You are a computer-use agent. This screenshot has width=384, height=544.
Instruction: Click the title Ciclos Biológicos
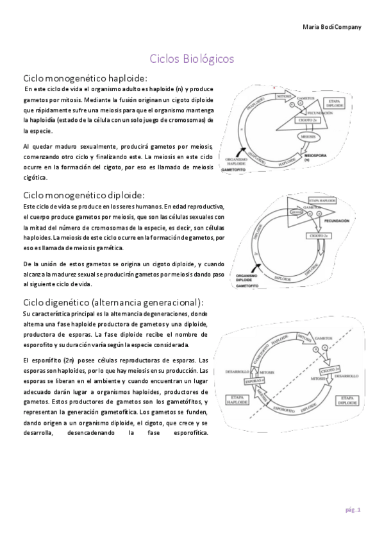pyautogui.click(x=192, y=59)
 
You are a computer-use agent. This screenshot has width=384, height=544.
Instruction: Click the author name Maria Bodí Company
pyautogui.click(x=331, y=26)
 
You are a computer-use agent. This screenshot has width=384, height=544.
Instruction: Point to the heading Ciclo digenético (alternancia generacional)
pyautogui.click(x=113, y=302)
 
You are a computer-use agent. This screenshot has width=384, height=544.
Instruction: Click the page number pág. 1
pyautogui.click(x=353, y=509)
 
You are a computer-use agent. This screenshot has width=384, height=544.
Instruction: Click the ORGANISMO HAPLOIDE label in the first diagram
pyautogui.click(x=234, y=162)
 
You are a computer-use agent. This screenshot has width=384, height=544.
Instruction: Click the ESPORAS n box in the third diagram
pyautogui.click(x=258, y=380)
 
